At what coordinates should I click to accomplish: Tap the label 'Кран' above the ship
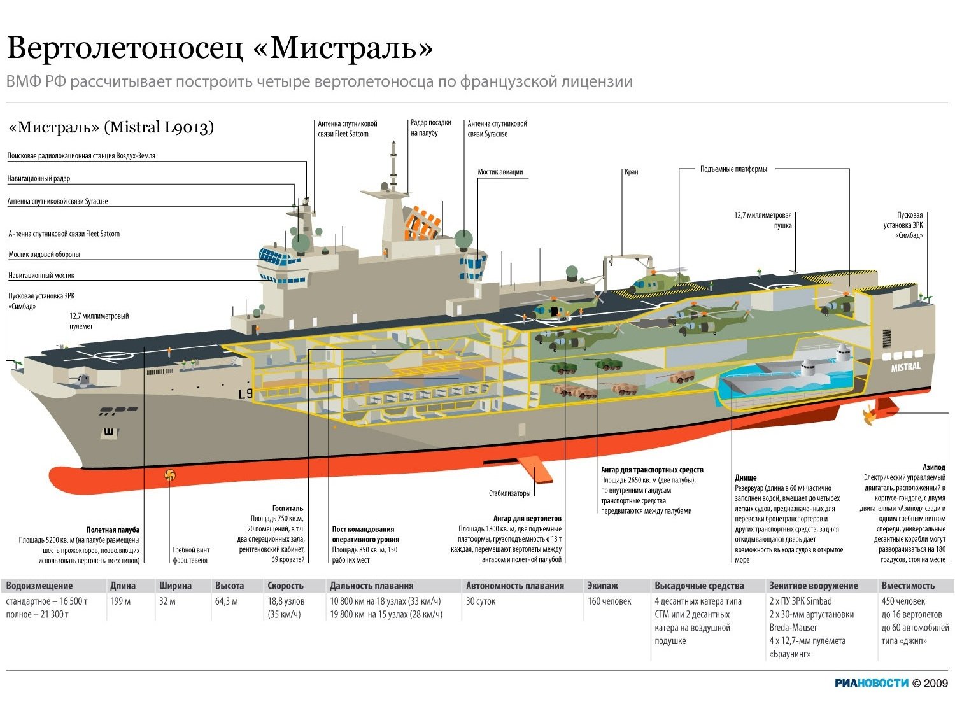(x=631, y=172)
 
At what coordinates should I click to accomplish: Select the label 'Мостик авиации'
(x=500, y=172)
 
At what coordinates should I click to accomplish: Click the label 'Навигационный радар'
(x=39, y=179)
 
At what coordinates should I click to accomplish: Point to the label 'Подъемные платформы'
(x=733, y=169)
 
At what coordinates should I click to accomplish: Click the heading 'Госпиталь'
(x=288, y=509)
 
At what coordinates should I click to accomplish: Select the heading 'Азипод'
(x=933, y=467)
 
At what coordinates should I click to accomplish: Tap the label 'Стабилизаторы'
(x=509, y=493)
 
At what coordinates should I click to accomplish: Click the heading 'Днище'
(x=746, y=477)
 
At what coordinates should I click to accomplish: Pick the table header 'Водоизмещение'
(x=39, y=586)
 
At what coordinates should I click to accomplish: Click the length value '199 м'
(x=120, y=601)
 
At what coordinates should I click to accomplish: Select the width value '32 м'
(x=167, y=601)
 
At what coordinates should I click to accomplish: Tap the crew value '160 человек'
(x=609, y=601)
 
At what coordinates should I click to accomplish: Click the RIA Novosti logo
(x=872, y=683)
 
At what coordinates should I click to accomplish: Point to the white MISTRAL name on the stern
(x=905, y=367)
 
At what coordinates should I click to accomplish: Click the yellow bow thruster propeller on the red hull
(x=169, y=474)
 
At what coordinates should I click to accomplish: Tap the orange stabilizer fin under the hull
(x=534, y=469)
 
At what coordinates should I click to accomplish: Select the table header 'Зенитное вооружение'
(x=813, y=586)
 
